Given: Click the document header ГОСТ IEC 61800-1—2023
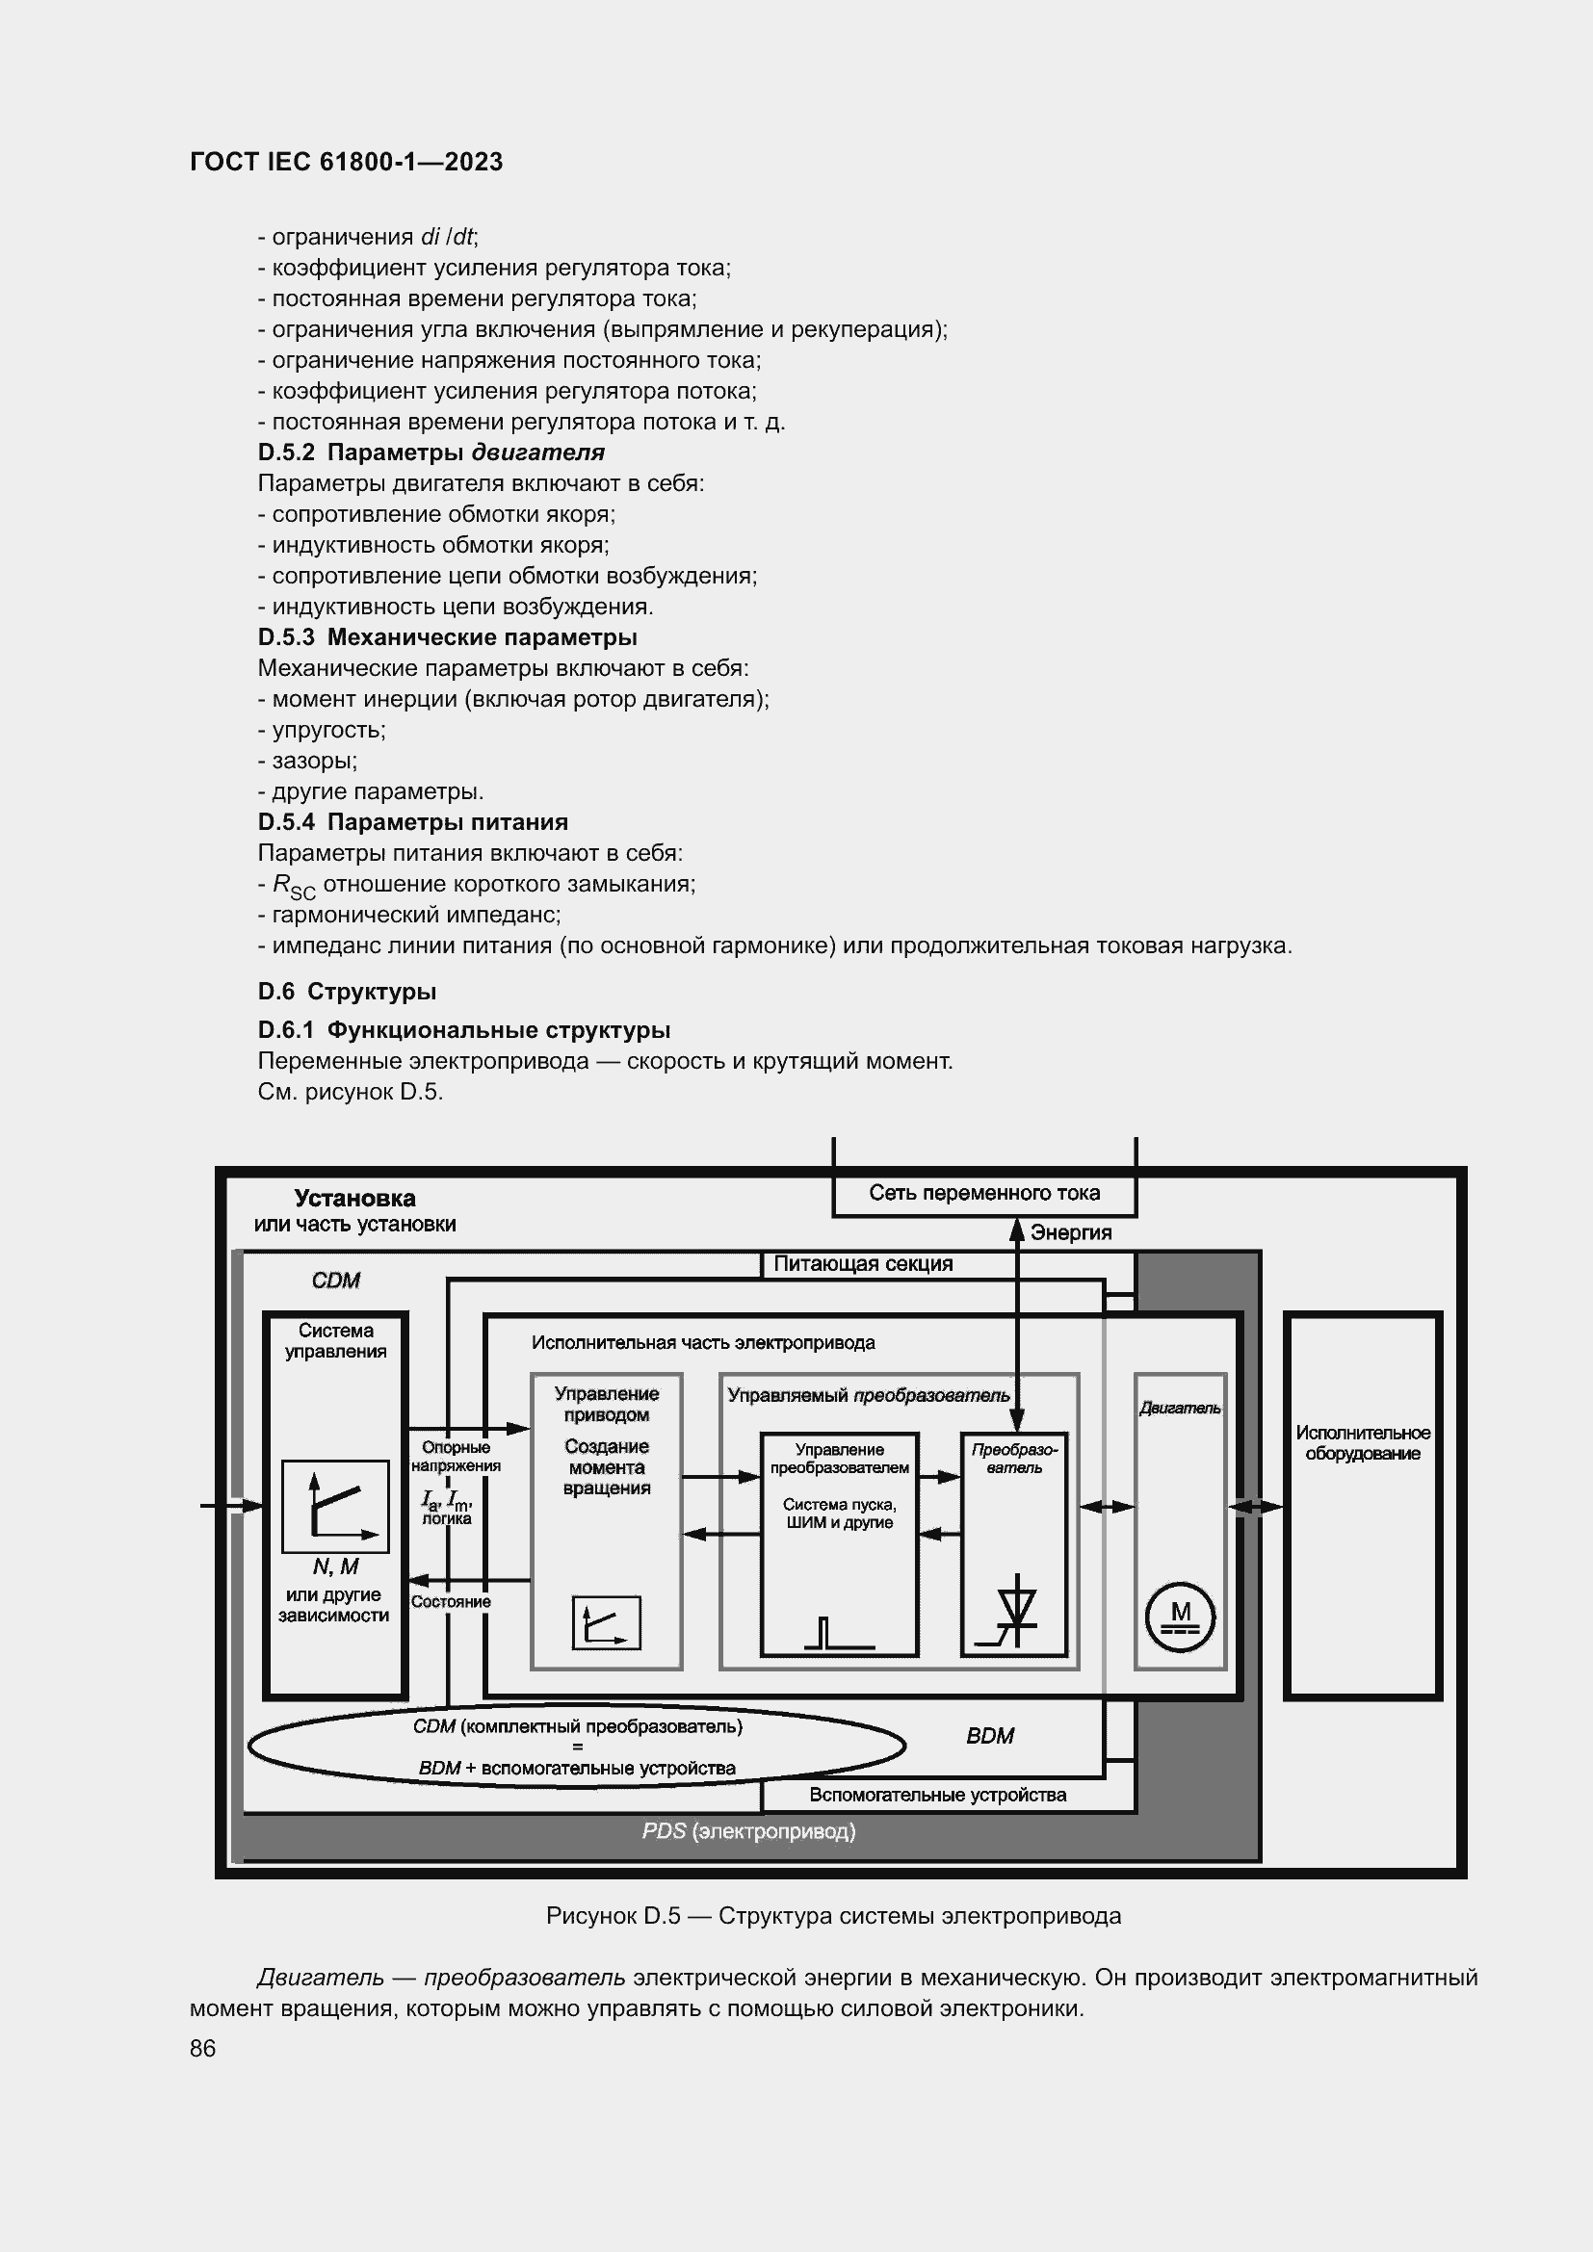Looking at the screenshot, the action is click(347, 162).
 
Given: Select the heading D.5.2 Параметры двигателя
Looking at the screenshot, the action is click(431, 453).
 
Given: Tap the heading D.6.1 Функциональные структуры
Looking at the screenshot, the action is click(464, 1030).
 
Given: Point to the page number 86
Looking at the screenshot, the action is click(203, 2048).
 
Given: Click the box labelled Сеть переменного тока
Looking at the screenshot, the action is click(984, 1194).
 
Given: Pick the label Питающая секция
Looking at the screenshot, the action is click(863, 1264).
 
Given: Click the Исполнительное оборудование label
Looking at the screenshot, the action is click(1363, 1443).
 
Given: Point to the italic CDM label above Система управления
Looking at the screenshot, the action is click(335, 1281).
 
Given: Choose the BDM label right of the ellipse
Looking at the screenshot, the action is click(990, 1736).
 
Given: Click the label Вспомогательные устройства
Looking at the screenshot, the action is click(938, 1795).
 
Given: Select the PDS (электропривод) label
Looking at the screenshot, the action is click(748, 1831).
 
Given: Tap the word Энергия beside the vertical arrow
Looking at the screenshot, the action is click(1070, 1233).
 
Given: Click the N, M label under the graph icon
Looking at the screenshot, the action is click(335, 1567).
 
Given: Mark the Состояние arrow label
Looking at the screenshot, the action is click(450, 1602).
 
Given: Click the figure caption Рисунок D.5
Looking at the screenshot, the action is click(833, 1916).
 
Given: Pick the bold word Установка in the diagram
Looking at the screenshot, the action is click(355, 1199).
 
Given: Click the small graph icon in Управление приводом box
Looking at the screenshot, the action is click(606, 1623).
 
